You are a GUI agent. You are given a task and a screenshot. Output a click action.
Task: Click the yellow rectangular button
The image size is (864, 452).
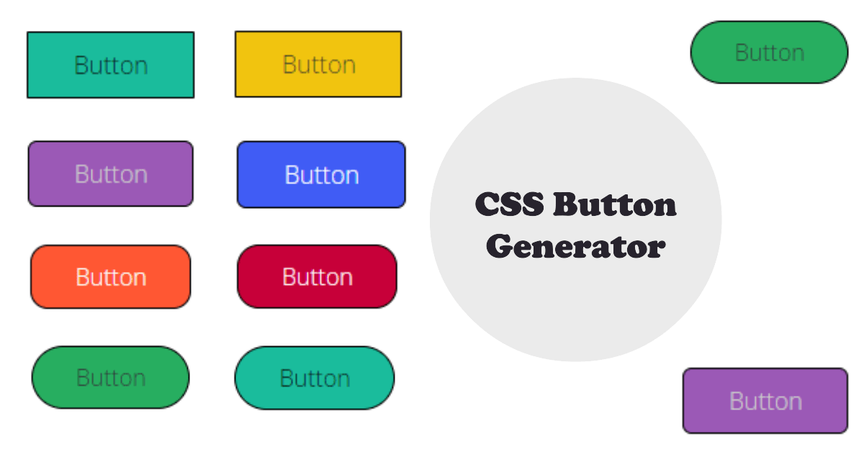[318, 64]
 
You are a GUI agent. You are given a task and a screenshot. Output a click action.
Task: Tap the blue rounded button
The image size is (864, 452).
[321, 175]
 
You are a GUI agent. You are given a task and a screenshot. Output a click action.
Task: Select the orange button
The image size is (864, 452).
[110, 277]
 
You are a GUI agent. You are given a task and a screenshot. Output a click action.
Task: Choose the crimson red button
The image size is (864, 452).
[317, 277]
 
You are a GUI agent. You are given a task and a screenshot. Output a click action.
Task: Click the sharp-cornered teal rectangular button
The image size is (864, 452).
[110, 65]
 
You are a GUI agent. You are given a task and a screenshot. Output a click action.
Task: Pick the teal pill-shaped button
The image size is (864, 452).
[315, 378]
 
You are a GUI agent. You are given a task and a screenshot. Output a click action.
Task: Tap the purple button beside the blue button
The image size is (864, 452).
[110, 174]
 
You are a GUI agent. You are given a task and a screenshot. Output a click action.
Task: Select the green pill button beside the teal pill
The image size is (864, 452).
[110, 377]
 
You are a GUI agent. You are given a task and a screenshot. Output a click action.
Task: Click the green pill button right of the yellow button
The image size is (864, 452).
[769, 52]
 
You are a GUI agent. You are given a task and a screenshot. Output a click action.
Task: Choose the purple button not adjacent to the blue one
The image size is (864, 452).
[765, 401]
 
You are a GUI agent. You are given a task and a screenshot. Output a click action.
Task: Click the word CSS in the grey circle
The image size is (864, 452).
[508, 205]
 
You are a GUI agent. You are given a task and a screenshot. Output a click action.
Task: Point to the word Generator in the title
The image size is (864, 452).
[575, 247]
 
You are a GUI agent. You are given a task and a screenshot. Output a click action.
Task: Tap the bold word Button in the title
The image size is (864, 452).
[616, 205]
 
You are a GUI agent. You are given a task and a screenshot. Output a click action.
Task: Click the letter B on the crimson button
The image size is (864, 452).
[288, 277]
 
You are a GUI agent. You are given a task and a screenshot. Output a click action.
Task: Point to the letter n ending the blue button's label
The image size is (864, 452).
[352, 176]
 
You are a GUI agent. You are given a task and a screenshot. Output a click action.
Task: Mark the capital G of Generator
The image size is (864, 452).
[499, 247]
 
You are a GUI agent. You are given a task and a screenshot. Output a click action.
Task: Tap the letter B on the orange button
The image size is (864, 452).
[81, 277]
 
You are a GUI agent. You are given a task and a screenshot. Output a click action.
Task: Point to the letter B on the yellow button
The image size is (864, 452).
[289, 64]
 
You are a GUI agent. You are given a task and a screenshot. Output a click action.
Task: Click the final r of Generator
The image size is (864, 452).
[657, 249]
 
